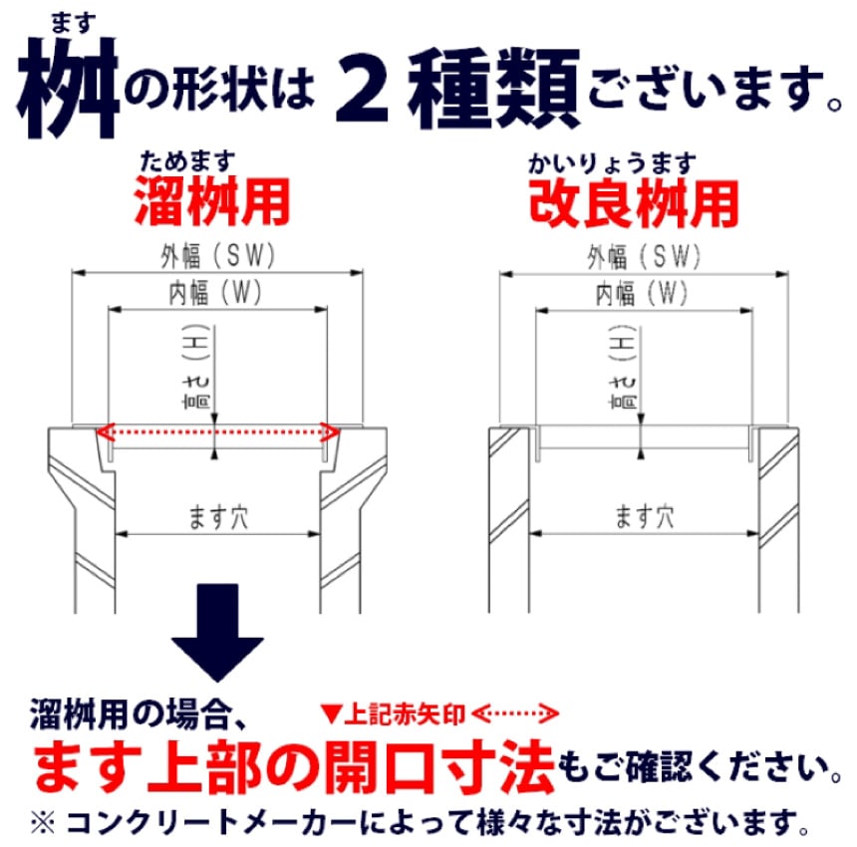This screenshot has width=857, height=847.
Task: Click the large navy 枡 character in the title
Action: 69,88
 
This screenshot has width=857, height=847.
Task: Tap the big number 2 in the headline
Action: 362,88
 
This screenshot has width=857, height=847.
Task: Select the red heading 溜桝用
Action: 212,201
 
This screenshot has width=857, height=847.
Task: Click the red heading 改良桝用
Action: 634,204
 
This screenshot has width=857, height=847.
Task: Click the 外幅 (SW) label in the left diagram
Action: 217,256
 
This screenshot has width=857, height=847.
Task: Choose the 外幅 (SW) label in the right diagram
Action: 644,257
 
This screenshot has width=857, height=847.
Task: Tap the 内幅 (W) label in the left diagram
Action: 215,293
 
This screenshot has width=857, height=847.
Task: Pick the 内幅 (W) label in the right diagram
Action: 642,294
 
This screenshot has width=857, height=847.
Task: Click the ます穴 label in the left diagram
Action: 218,517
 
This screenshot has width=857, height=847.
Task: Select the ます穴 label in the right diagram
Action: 645,517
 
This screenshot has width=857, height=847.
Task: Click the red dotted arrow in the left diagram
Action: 217,432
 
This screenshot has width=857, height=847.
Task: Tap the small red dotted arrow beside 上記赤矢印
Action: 515,713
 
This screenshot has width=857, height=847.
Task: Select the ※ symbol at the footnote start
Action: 43,823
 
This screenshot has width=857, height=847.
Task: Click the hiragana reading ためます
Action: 187,161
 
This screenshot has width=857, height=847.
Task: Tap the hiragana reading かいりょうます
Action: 612,163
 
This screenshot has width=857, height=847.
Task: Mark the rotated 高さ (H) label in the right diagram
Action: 623,367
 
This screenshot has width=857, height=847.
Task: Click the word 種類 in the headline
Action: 494,88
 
